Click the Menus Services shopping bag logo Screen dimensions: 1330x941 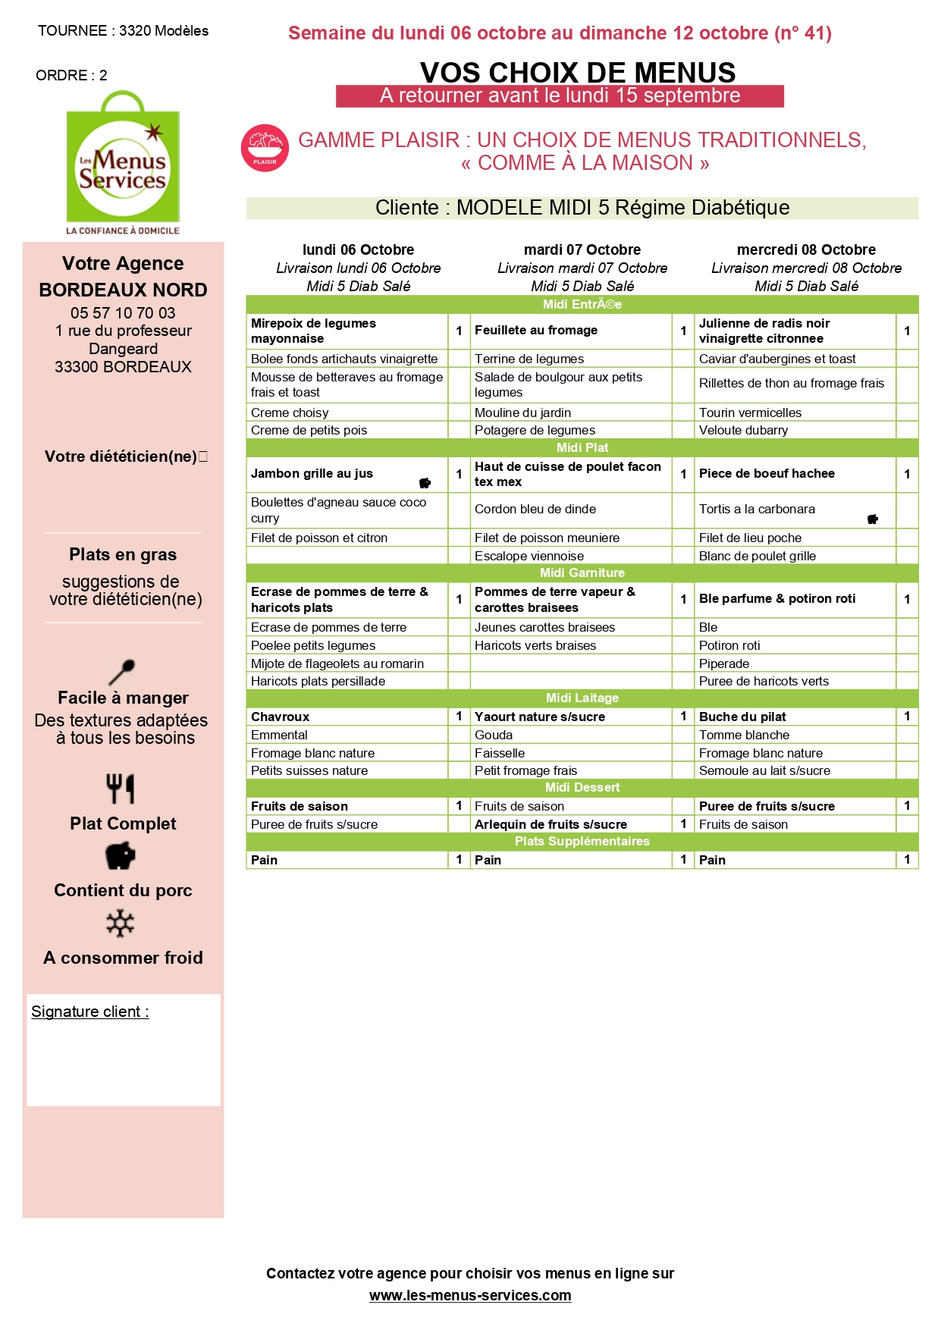[x=123, y=162]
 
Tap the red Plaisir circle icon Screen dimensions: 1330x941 [x=265, y=148]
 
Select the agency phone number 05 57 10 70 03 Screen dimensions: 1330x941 [x=123, y=312]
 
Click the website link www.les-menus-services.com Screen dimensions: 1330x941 [x=470, y=1295]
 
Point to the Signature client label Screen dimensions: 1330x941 [x=89, y=1012]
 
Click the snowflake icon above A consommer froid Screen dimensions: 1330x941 [x=121, y=924]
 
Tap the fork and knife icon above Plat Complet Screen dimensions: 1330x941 [x=121, y=789]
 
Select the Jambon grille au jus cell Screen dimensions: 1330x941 [x=312, y=473]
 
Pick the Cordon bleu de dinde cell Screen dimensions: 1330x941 [x=535, y=509]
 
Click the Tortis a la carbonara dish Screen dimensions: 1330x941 [x=757, y=509]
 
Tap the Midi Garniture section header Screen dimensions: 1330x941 [x=582, y=572]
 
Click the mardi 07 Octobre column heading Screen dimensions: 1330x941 [x=582, y=249]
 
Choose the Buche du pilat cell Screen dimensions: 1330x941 [x=742, y=717]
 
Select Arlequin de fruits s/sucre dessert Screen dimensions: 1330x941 [x=550, y=824]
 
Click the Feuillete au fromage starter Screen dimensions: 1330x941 [x=536, y=330]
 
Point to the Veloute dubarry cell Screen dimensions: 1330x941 [x=743, y=430]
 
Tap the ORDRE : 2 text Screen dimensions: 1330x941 [x=71, y=75]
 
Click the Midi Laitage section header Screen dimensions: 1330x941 [x=582, y=698]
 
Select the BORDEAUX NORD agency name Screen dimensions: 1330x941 [x=123, y=290]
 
